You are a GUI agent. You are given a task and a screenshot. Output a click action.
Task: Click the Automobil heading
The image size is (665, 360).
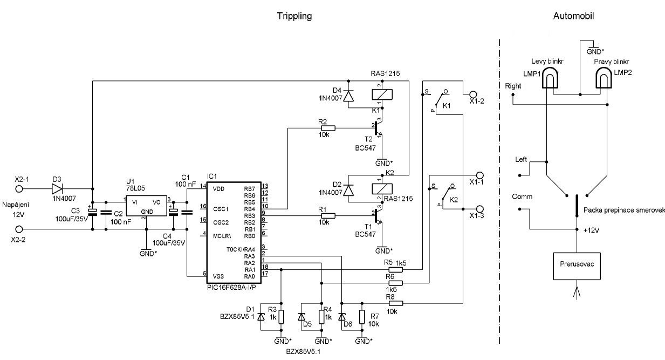coord(574,16)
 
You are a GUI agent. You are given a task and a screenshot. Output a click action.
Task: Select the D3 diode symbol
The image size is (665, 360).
coord(58,189)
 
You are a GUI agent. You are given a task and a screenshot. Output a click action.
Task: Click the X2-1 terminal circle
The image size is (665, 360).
coord(19,189)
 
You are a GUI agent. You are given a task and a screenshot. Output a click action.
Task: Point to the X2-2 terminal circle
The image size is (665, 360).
coord(19,230)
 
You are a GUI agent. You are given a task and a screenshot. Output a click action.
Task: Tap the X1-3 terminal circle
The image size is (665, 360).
coord(481,210)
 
